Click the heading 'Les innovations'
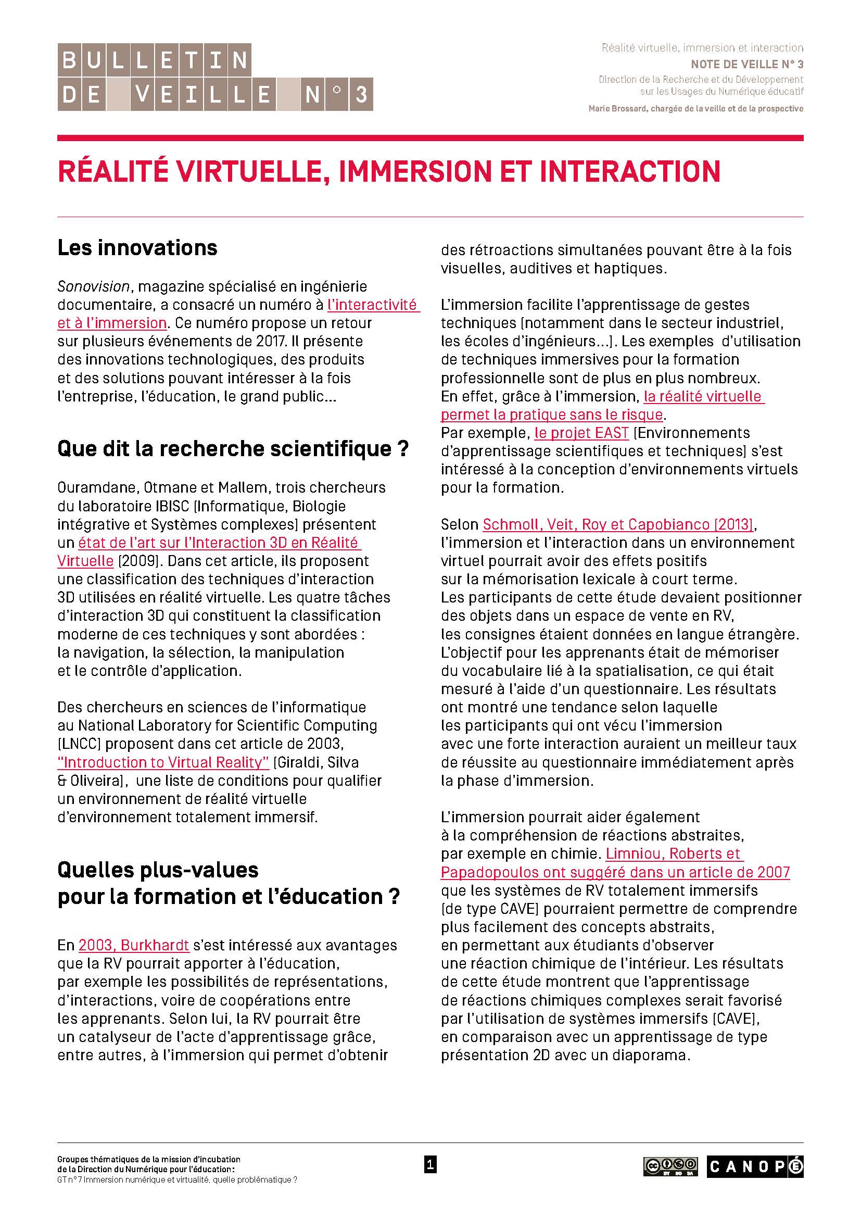click(x=137, y=248)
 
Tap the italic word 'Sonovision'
click(x=93, y=286)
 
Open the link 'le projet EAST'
click(x=581, y=433)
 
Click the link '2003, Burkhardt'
click(x=134, y=945)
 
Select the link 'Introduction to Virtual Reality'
click(x=163, y=762)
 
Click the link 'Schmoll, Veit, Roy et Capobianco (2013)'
click(x=618, y=524)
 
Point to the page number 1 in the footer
click(x=430, y=1165)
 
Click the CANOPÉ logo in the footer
click(x=754, y=1166)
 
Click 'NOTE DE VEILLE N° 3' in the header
click(x=746, y=64)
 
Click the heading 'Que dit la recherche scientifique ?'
click(x=233, y=449)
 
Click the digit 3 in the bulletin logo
click(x=361, y=94)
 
